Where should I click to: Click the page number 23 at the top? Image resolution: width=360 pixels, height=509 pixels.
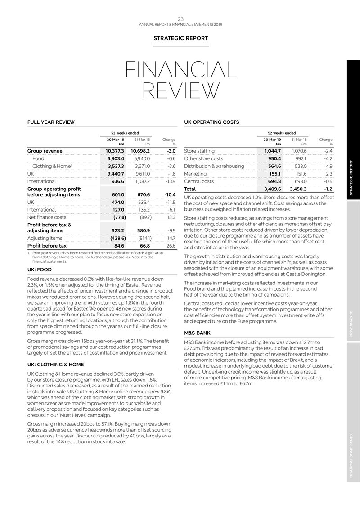(x=180, y=19)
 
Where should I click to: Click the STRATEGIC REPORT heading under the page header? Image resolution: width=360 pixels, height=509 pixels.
(x=181, y=39)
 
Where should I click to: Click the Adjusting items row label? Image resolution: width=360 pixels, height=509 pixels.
(x=45, y=238)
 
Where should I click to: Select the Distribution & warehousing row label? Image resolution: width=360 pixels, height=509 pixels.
(x=214, y=166)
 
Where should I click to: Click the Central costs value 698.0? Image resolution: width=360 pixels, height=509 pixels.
(x=299, y=181)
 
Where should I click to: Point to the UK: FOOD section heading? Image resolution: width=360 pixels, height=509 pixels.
(x=40, y=270)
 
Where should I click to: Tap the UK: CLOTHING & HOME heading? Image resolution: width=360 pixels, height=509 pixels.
(x=56, y=365)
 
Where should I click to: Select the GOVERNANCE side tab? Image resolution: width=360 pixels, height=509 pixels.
(x=353, y=323)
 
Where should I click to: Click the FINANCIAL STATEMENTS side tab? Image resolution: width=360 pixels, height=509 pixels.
(x=353, y=456)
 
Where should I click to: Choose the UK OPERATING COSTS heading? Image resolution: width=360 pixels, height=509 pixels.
(x=211, y=122)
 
